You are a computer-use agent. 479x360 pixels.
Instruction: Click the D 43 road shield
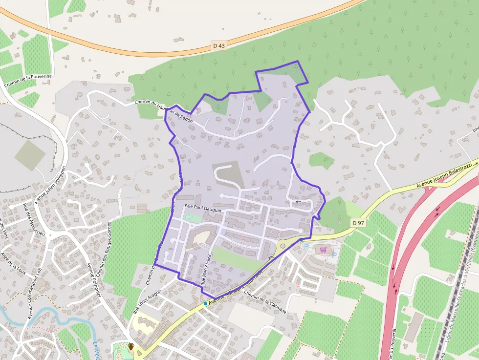click(x=219, y=45)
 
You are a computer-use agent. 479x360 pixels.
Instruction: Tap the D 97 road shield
click(x=358, y=223)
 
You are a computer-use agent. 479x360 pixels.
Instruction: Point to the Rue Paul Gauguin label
click(x=203, y=207)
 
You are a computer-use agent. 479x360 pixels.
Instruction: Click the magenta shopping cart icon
click(x=323, y=250)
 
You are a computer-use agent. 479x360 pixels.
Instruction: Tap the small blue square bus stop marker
click(x=206, y=304)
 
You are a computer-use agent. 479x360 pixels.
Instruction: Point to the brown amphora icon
click(x=131, y=347)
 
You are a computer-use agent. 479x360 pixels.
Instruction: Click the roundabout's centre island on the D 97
click(x=283, y=246)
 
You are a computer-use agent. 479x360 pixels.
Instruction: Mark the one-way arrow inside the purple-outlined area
click(x=297, y=201)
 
